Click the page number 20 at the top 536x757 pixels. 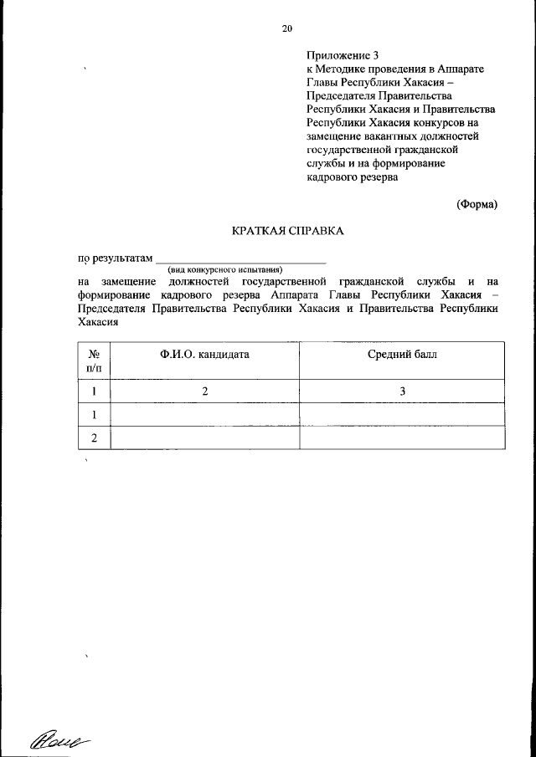(286, 28)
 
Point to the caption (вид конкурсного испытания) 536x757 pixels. (224, 270)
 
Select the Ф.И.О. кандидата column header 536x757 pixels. (204, 355)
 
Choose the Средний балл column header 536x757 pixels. (402, 355)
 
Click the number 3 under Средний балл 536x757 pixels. (402, 391)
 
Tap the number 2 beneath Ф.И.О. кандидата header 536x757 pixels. (204, 391)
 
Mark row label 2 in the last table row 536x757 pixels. (94, 438)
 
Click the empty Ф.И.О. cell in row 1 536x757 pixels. (204, 415)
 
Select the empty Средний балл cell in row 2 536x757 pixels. (402, 438)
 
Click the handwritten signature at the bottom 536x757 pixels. (59, 737)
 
